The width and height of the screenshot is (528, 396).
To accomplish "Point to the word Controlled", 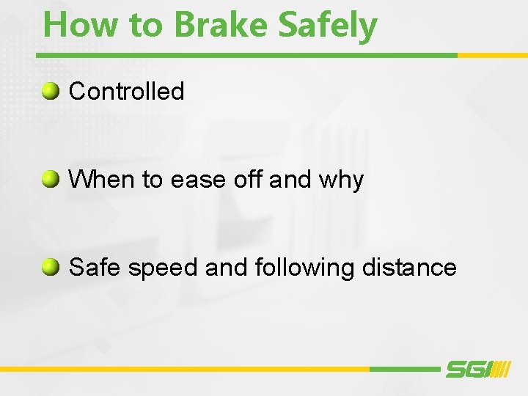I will pos(126,92).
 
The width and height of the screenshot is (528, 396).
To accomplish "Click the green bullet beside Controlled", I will pos(50,91).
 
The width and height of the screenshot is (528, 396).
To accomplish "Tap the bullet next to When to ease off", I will pos(50,179).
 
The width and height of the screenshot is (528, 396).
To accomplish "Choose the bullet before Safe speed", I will pos(50,267).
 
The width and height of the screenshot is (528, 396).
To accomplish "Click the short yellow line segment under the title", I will pos(492,55).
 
